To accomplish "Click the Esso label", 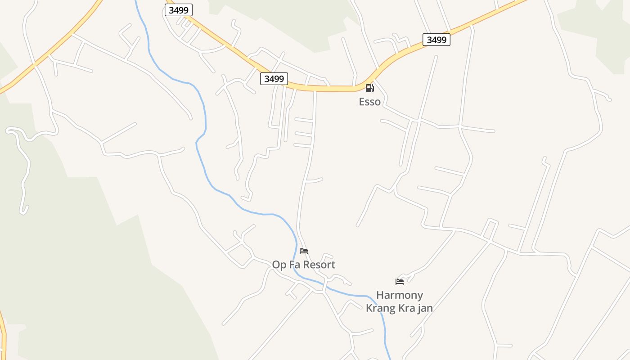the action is pyautogui.click(x=369, y=102).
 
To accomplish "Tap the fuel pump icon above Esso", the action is pyautogui.click(x=369, y=88).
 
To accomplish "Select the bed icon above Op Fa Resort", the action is pyautogui.click(x=304, y=251).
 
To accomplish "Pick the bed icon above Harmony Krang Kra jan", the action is pyautogui.click(x=400, y=282).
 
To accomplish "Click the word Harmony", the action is pyautogui.click(x=400, y=295).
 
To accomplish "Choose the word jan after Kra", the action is pyautogui.click(x=425, y=308).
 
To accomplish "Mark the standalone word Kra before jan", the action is pyautogui.click(x=406, y=308).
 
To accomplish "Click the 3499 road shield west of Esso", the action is pyautogui.click(x=274, y=79).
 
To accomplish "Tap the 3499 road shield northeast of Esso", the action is pyautogui.click(x=436, y=40).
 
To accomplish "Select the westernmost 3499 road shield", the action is pyautogui.click(x=179, y=10).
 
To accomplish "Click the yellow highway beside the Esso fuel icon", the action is pyautogui.click(x=342, y=89).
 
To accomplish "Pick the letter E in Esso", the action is pyautogui.click(x=361, y=102).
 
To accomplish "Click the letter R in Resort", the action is pyautogui.click(x=308, y=265).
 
